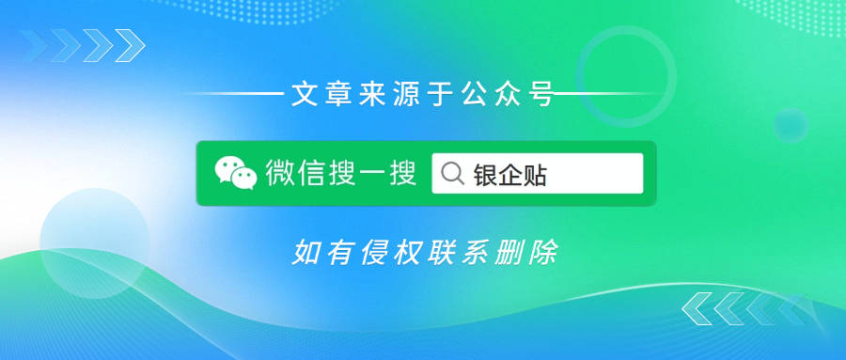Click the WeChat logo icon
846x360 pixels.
pos(235,173)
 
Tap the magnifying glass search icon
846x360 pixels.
pos(451,174)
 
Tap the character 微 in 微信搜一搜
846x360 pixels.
pos(278,174)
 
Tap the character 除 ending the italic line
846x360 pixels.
pos(543,253)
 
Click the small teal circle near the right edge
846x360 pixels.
pos(791,125)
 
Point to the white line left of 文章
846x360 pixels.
pos(235,94)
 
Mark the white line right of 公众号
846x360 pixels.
pos(602,94)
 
